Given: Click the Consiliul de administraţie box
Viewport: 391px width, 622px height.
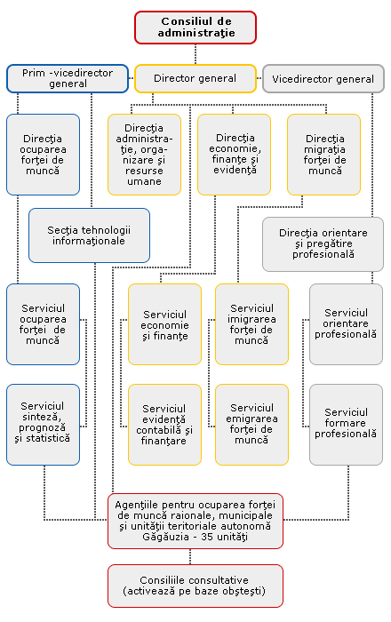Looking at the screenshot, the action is (195, 28).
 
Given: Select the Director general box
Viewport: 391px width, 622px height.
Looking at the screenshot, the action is (195, 78).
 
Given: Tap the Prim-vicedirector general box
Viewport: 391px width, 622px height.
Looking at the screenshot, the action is (68, 78).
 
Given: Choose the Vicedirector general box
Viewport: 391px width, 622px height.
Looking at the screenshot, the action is (323, 78).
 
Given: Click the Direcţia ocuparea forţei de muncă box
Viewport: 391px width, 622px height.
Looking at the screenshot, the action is (44, 155).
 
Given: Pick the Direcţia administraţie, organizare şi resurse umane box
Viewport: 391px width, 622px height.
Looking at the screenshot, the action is (144, 155).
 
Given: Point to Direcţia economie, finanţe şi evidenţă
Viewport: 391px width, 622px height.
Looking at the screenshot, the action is (234, 155).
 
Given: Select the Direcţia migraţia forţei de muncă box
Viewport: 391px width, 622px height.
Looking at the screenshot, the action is (324, 155).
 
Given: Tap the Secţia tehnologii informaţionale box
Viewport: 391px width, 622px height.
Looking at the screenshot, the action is (89, 235).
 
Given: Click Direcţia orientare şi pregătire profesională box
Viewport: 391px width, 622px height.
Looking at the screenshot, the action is (323, 244).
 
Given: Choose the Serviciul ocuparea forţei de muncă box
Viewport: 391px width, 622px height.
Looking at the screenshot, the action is (44, 324).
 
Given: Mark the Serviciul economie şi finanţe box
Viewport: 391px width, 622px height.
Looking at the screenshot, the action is (164, 324).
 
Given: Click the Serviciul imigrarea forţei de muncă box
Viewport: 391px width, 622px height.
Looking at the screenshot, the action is (251, 324).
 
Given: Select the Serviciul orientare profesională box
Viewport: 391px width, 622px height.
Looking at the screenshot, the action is (347, 324).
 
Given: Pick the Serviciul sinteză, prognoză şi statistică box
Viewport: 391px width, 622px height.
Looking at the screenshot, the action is (44, 425).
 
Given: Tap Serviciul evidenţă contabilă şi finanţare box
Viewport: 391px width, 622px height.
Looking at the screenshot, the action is (164, 425).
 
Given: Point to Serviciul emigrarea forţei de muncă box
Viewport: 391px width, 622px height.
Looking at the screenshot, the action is (251, 425).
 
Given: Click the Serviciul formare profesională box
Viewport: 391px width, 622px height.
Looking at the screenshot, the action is (347, 425).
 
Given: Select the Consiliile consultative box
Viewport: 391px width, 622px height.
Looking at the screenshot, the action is (195, 586).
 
